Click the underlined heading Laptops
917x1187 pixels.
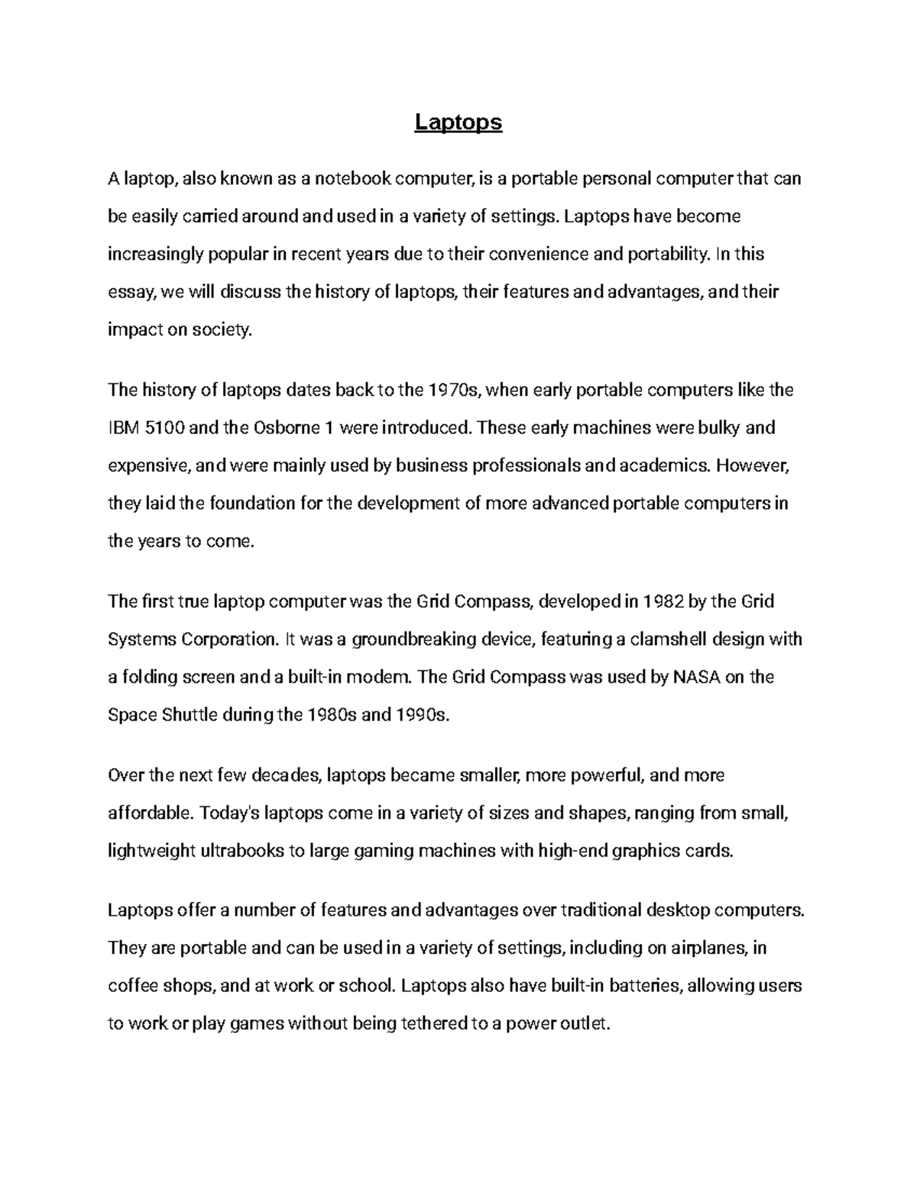(458, 122)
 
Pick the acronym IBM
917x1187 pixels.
(124, 428)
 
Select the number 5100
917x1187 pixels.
(164, 428)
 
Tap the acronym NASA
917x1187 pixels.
(695, 677)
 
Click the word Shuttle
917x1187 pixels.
(189, 715)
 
